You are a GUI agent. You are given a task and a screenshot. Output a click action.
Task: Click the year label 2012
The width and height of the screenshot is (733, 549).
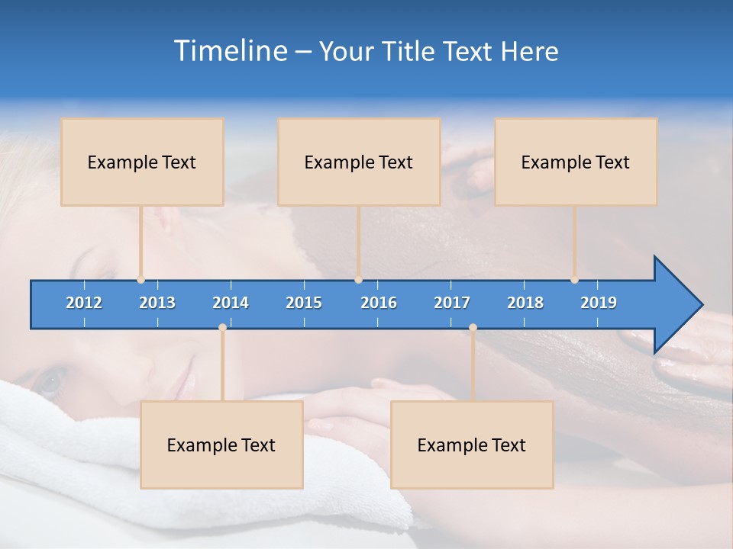point(84,303)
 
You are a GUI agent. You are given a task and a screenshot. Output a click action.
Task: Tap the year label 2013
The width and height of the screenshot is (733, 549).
point(157,303)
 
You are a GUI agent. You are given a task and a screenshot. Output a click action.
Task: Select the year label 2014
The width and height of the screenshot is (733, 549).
point(231,303)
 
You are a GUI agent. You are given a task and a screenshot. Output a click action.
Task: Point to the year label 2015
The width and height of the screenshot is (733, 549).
point(304,303)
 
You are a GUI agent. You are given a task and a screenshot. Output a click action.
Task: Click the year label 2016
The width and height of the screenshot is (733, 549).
point(379,303)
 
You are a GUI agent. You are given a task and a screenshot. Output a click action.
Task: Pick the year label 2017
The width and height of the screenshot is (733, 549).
point(452,303)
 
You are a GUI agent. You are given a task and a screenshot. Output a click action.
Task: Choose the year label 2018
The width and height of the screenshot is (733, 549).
point(525,303)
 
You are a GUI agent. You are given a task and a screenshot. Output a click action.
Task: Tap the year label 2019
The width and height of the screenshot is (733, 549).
point(599,303)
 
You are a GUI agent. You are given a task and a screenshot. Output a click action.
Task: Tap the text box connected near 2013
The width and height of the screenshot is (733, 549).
point(142,162)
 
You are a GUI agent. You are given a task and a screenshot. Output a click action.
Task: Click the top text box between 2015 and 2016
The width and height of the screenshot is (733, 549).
point(359,162)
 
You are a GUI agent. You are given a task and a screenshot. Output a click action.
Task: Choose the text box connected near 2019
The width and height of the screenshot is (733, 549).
point(576,162)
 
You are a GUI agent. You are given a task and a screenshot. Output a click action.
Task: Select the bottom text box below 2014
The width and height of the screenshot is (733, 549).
point(221,445)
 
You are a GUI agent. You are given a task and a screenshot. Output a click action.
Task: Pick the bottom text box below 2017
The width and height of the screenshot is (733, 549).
point(472,445)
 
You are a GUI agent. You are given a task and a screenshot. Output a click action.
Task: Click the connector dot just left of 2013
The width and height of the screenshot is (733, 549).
point(140,280)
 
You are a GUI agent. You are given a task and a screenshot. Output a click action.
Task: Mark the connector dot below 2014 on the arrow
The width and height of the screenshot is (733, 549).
point(222,327)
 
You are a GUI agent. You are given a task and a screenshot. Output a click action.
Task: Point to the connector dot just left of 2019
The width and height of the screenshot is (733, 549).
point(574,280)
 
